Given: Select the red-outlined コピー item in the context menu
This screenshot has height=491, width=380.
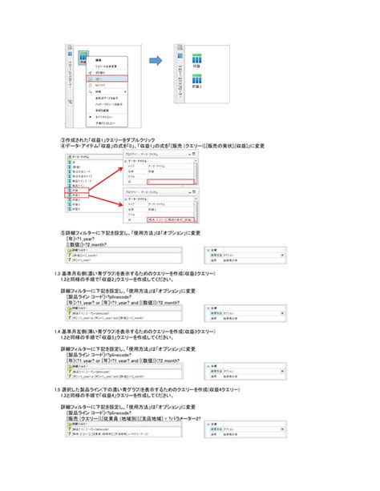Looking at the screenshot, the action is pos(102,80).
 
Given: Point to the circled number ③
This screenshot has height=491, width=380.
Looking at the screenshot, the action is pos(63,139).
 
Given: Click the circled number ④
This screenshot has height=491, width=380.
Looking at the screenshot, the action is pos(63,146).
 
